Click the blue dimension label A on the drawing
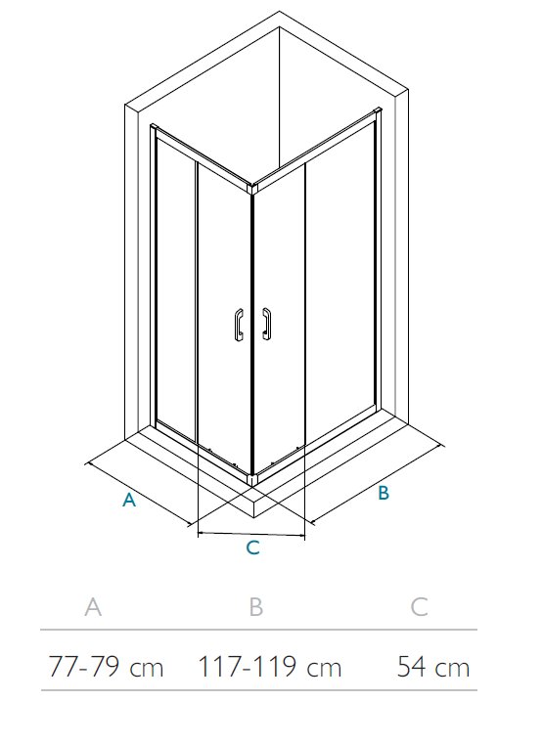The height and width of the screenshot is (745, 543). (129, 500)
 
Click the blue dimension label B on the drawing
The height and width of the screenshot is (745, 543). (384, 493)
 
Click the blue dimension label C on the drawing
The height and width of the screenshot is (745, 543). (253, 548)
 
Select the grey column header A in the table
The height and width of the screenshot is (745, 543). (93, 607)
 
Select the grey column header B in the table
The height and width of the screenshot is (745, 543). (255, 607)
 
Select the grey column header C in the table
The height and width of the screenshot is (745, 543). (419, 607)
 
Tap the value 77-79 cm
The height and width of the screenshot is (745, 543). (106, 666)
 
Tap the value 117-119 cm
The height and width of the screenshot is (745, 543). (270, 666)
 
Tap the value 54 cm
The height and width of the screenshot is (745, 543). (433, 666)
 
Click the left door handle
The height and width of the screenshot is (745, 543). (238, 324)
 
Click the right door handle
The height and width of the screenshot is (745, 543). (267, 324)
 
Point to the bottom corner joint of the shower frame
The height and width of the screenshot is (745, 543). (252, 479)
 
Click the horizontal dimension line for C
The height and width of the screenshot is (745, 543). (251, 535)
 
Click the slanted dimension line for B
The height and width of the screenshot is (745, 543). (377, 484)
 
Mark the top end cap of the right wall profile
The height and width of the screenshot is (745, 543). (379, 111)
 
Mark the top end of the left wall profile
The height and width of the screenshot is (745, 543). (153, 127)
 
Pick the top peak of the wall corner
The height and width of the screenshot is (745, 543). (279, 12)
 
